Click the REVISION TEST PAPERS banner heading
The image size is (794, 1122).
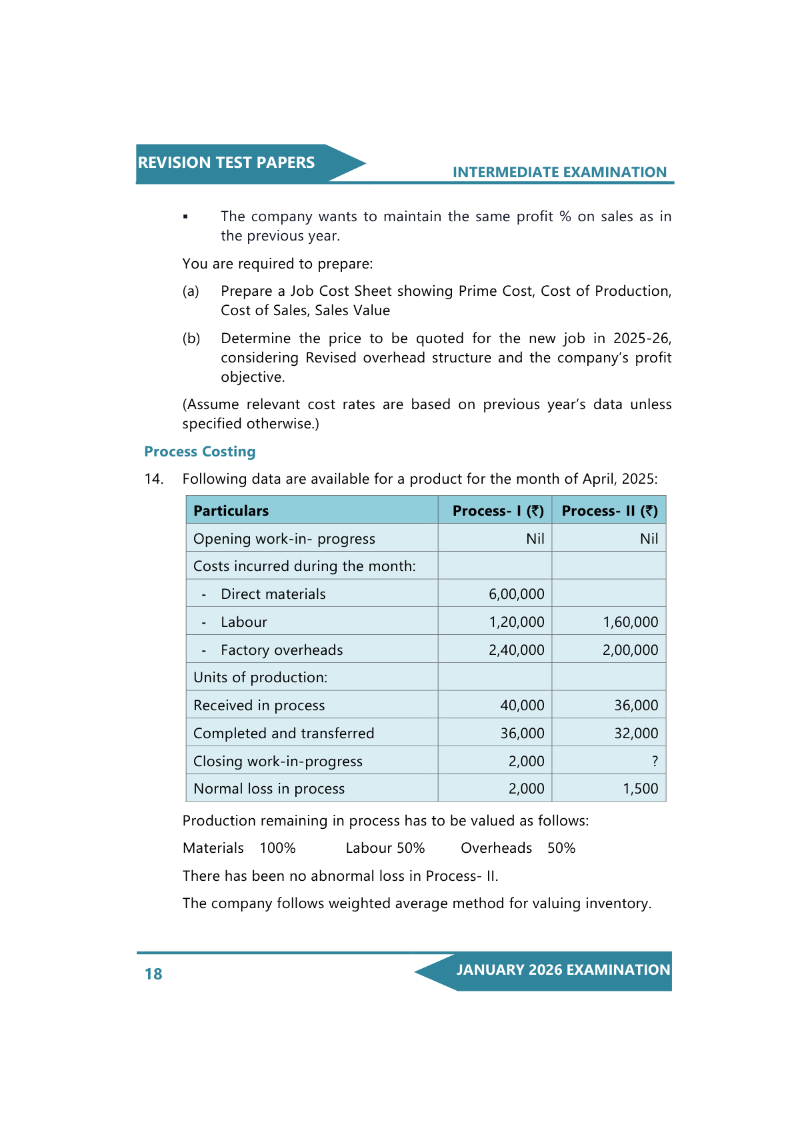[x=226, y=163]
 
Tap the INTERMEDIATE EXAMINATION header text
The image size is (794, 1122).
[x=559, y=173]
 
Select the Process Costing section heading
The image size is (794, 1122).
[x=200, y=452]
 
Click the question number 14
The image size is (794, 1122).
[x=153, y=479]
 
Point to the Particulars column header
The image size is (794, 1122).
[x=231, y=511]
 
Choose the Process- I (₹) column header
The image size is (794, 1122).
[x=498, y=511]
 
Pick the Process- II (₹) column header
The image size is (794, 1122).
[x=609, y=511]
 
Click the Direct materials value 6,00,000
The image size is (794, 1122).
[x=517, y=594]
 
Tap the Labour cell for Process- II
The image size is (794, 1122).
[x=630, y=622]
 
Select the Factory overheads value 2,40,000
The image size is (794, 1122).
[x=517, y=650]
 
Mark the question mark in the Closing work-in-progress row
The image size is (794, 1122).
[x=655, y=762]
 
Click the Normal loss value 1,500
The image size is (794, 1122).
[x=640, y=789]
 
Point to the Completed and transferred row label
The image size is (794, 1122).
[x=283, y=734]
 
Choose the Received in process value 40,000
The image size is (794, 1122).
[x=522, y=706]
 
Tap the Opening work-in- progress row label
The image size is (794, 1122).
[x=284, y=539]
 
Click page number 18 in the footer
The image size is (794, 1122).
[x=153, y=974]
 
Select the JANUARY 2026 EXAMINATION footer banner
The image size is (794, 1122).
[x=563, y=970]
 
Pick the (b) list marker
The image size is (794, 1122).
[x=191, y=338]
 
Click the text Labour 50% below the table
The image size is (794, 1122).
[x=385, y=848]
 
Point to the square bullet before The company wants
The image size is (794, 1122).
[x=185, y=217]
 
